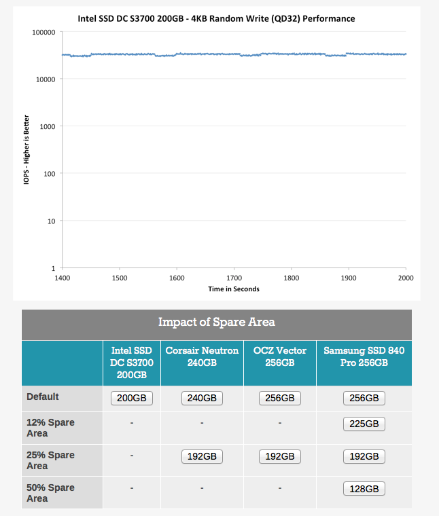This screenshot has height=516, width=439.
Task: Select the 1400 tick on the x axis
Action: coord(62,278)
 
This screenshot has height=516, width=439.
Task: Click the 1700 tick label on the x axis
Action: coord(234,278)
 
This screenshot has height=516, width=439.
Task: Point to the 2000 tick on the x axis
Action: coord(406,278)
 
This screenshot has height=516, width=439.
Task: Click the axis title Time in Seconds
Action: coord(234,289)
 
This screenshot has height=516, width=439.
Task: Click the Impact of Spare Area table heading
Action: coord(217,322)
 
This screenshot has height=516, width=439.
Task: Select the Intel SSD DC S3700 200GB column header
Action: coord(132,363)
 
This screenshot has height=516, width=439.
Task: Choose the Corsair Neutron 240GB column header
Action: coord(202,356)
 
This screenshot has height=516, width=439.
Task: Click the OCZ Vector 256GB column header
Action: coord(279,356)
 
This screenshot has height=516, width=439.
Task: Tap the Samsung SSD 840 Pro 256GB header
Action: coord(364,356)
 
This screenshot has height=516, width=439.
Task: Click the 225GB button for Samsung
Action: coord(364,424)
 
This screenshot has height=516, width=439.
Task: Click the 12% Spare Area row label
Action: coord(50,428)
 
